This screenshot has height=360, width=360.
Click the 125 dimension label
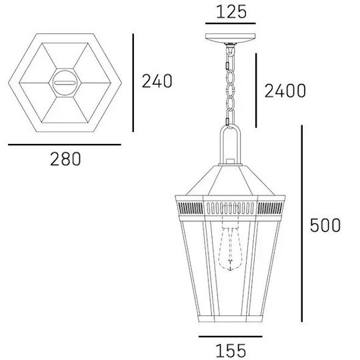click(231, 12)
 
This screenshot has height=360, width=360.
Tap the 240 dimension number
click(157, 81)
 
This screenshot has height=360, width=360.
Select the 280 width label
click(65, 159)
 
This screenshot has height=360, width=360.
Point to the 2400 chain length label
click(285, 91)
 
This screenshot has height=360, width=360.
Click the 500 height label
click(325, 225)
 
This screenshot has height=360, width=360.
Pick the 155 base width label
click(231, 351)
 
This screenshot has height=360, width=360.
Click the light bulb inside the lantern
click(230, 249)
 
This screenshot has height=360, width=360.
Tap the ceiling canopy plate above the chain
click(230, 38)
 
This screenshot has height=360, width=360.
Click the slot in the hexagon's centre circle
click(65, 83)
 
